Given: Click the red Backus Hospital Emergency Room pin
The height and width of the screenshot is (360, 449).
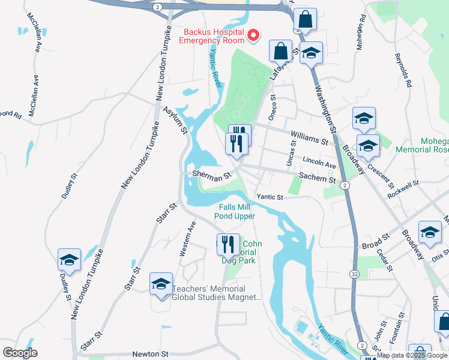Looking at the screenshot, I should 253,36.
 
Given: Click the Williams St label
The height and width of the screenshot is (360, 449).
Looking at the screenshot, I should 309,139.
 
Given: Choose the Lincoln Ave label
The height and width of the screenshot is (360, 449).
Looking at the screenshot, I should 319,162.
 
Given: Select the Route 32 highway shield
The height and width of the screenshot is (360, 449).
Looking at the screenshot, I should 355,273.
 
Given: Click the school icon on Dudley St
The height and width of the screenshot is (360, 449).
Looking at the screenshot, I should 69,260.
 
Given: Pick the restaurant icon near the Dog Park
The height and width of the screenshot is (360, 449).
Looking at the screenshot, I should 228,244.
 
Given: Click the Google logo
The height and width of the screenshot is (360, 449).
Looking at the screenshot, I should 20,353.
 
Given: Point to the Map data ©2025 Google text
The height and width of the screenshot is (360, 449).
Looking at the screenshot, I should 412,355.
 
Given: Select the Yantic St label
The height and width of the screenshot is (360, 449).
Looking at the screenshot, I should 270,196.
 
